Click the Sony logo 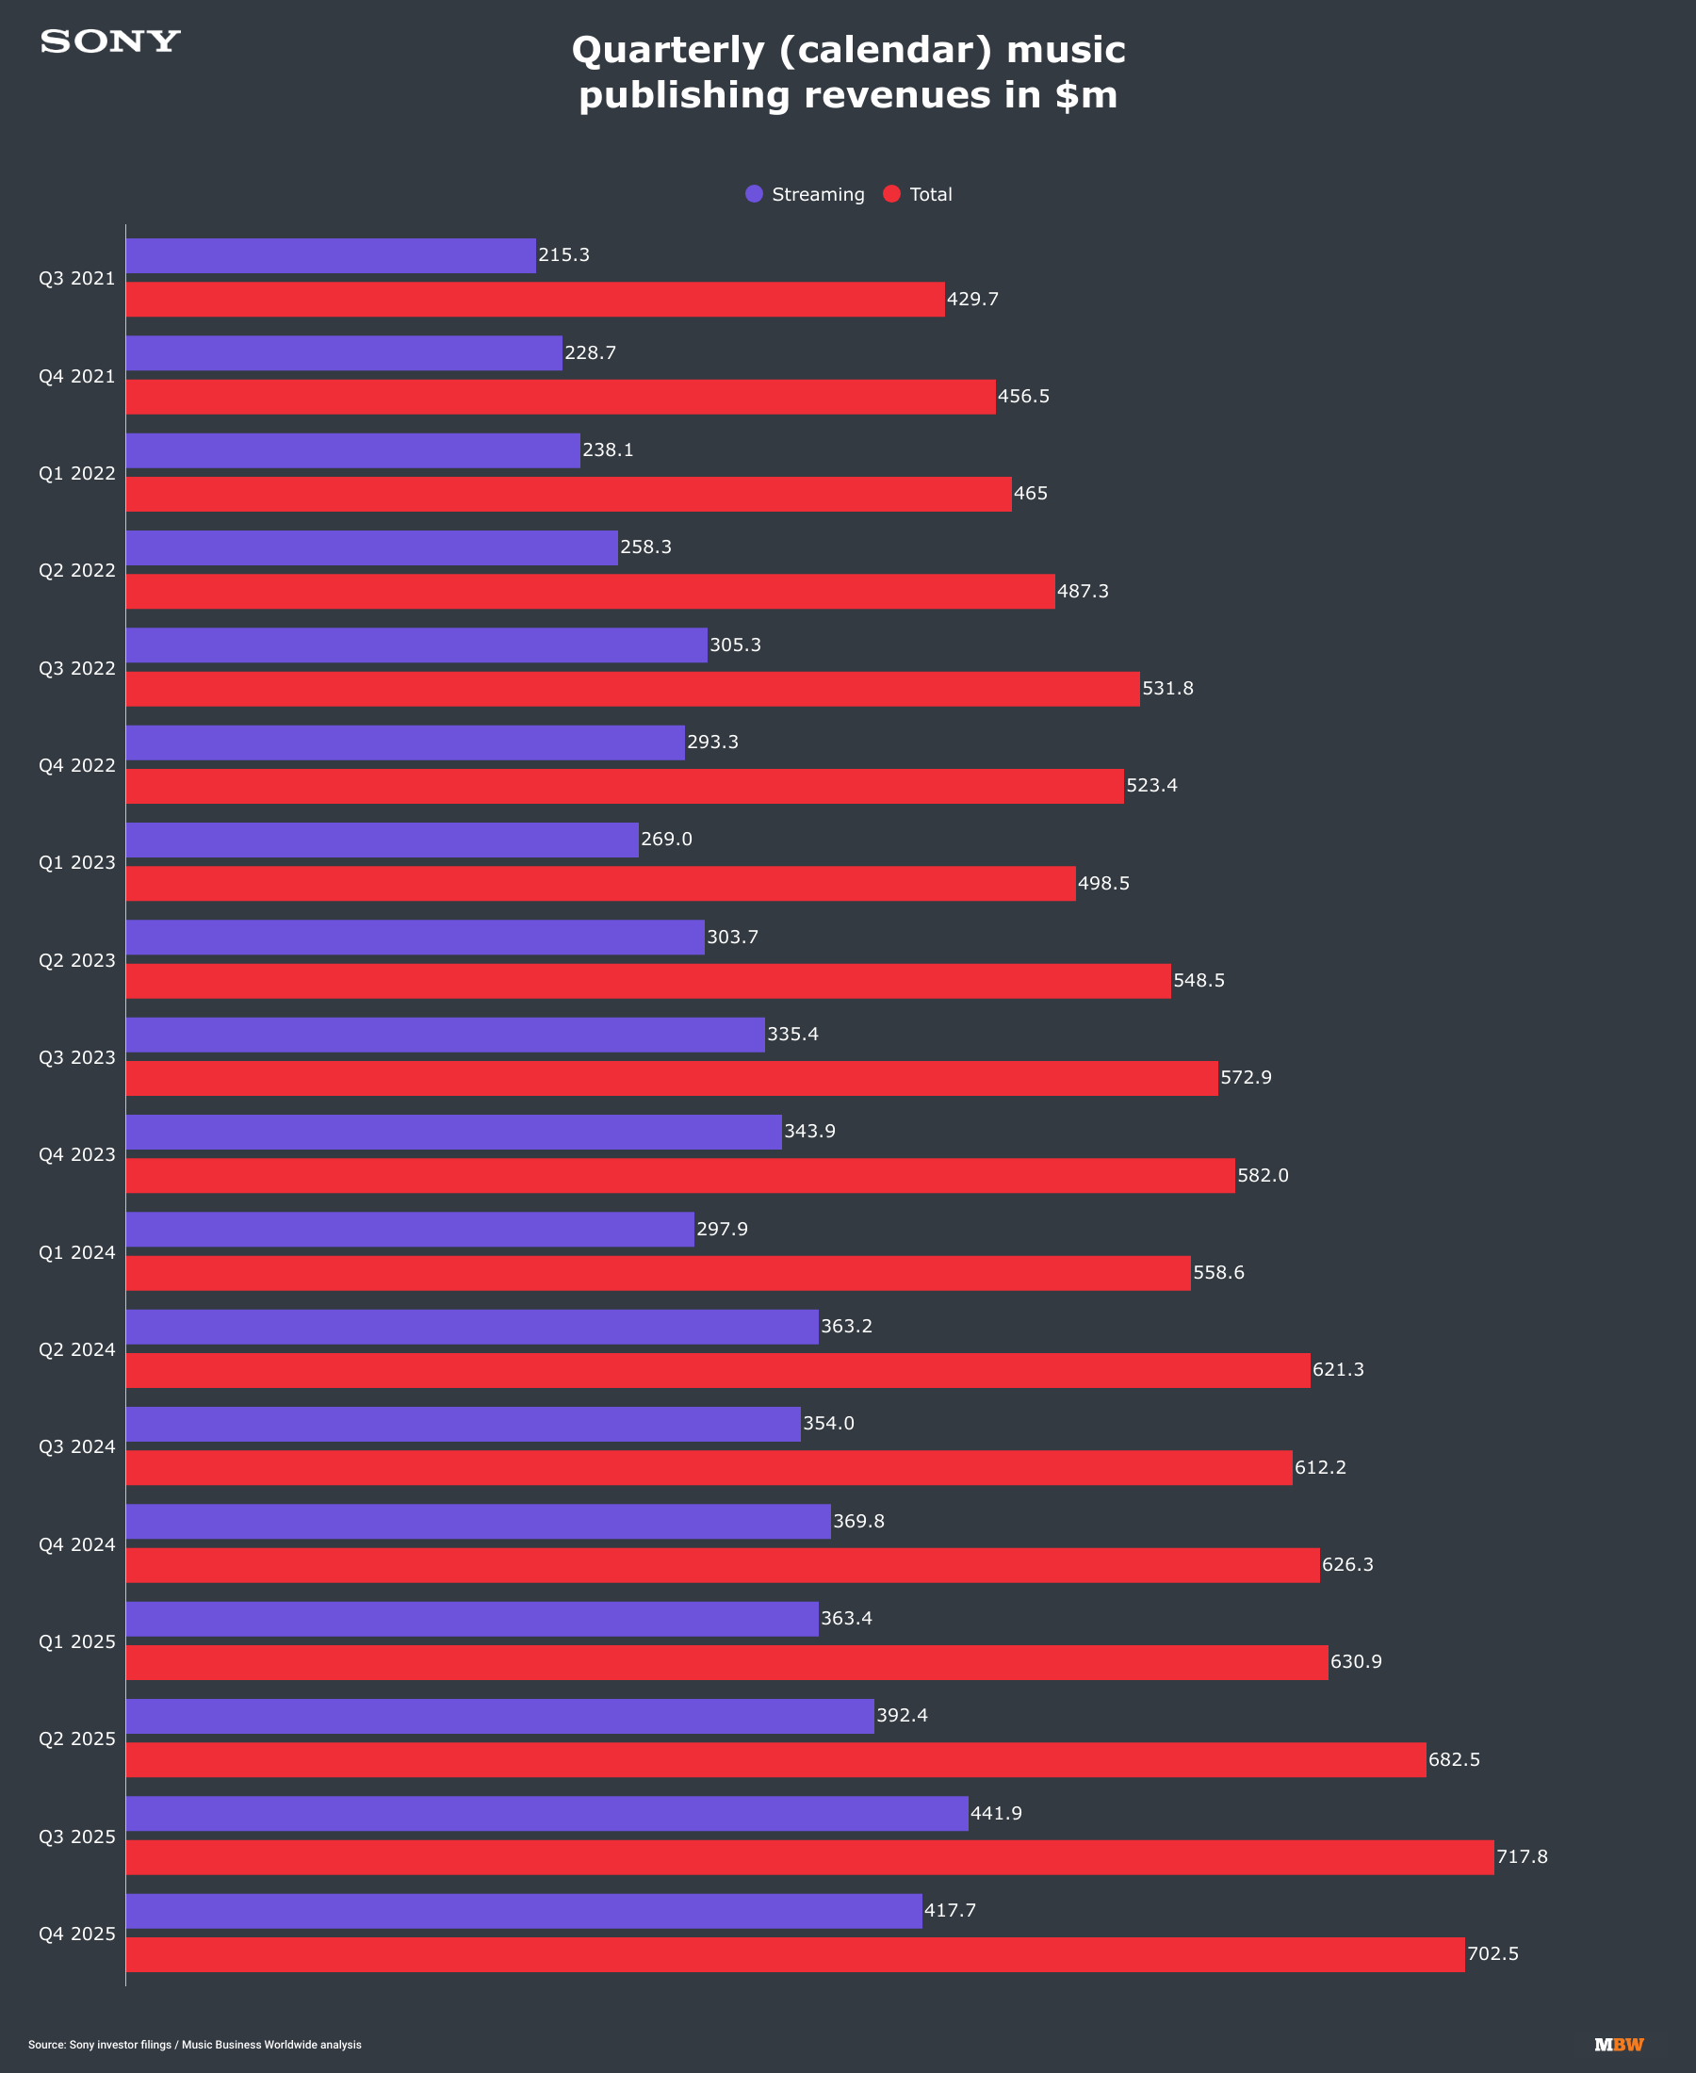click(110, 41)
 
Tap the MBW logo click(1619, 2045)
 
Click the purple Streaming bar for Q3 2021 click(330, 256)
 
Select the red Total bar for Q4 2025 click(794, 1955)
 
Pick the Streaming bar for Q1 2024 click(409, 1229)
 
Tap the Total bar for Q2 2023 click(647, 981)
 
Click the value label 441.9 click(996, 1813)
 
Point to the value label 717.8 click(1521, 1856)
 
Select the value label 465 click(1030, 494)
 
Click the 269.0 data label click(666, 840)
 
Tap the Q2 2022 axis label click(77, 570)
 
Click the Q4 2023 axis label click(77, 1154)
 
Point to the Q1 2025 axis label click(77, 1642)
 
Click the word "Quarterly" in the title click(667, 50)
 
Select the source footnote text click(194, 2045)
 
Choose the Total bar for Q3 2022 click(632, 689)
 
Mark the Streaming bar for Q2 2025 click(499, 1716)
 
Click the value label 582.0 click(1263, 1175)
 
